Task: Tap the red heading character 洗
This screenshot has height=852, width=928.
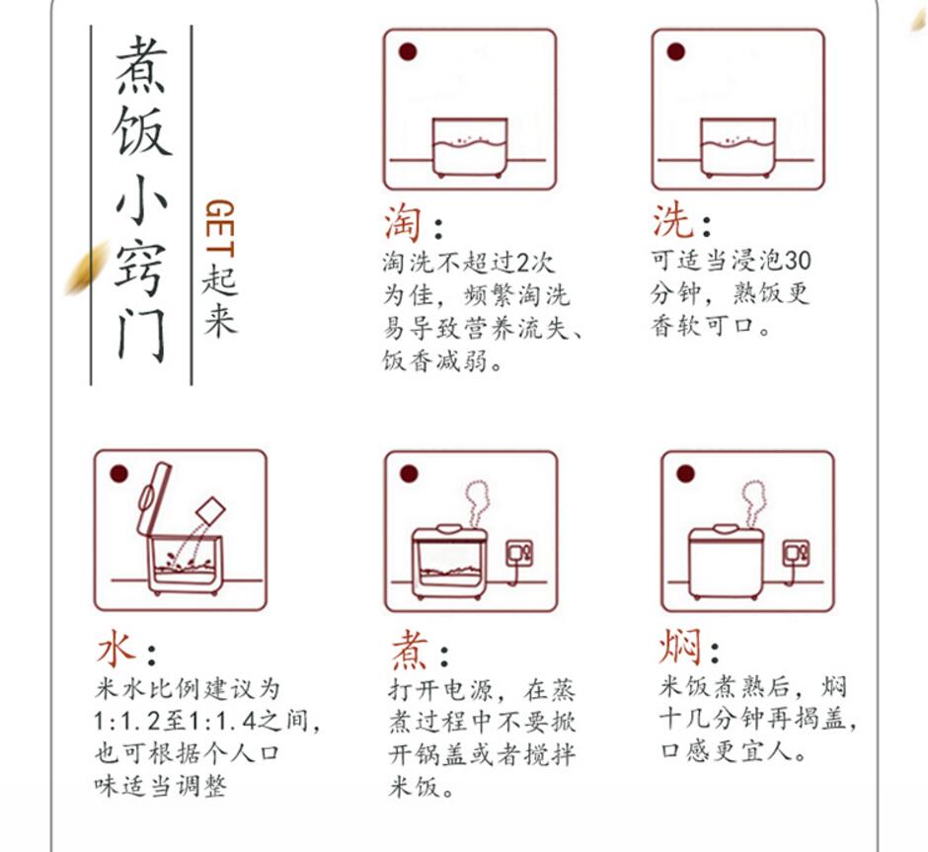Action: point(672,220)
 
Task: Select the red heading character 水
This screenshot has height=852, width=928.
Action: point(116,648)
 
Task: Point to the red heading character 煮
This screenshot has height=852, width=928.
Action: point(410,649)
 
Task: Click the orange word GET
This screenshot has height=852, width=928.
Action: point(219,228)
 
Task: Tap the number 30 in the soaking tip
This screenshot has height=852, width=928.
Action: point(798,261)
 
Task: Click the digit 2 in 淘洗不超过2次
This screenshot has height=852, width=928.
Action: point(522,263)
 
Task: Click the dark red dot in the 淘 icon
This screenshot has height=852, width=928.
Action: point(408,52)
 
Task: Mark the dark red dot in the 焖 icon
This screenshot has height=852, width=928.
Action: point(685,473)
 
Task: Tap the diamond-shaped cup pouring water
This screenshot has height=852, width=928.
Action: point(210,510)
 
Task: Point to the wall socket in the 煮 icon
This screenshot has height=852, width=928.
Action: point(519,554)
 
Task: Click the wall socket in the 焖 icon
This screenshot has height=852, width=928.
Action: point(796,554)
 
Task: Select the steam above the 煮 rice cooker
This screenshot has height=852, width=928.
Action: point(478,503)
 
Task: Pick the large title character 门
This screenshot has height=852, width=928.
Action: point(141,338)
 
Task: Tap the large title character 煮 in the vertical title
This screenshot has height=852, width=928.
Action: point(140,64)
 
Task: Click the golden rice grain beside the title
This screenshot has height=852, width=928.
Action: point(86,270)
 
